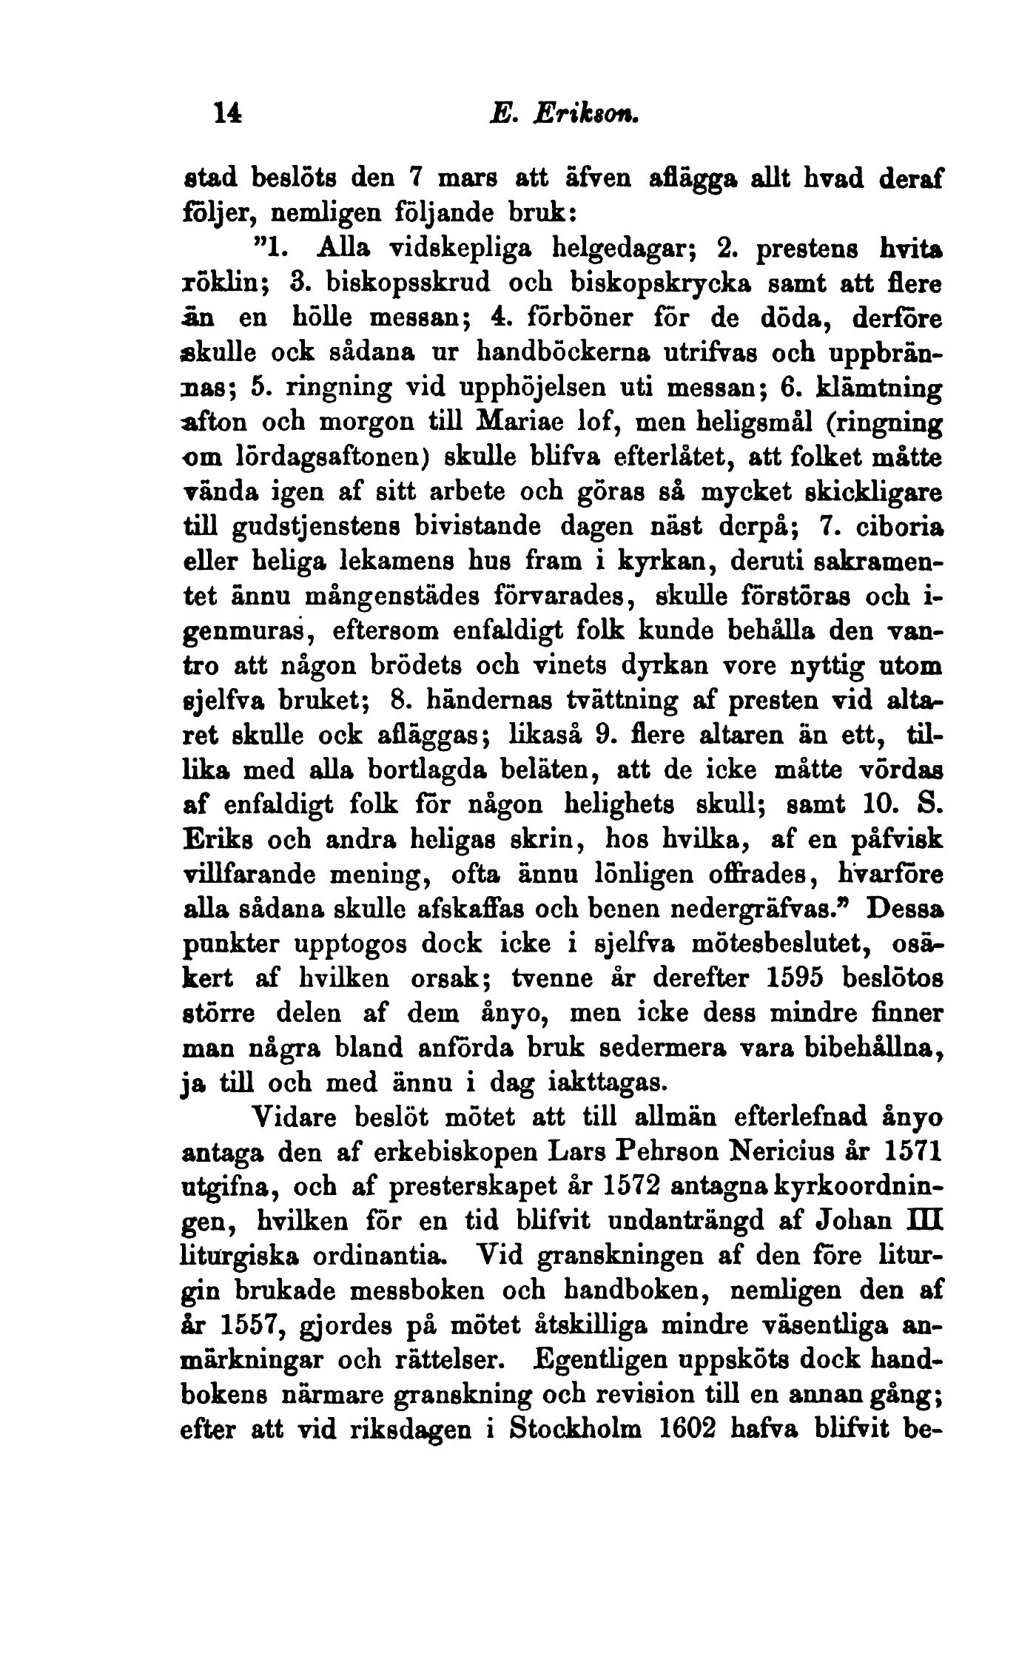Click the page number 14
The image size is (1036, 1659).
coord(226,113)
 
